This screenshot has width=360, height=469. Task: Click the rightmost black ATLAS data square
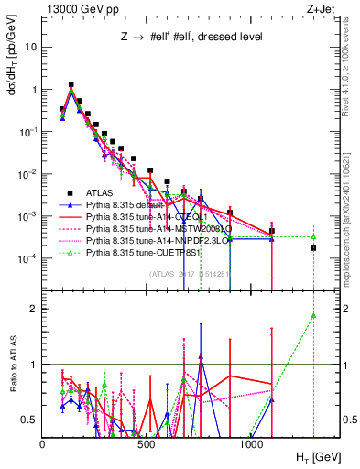(x=313, y=248)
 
